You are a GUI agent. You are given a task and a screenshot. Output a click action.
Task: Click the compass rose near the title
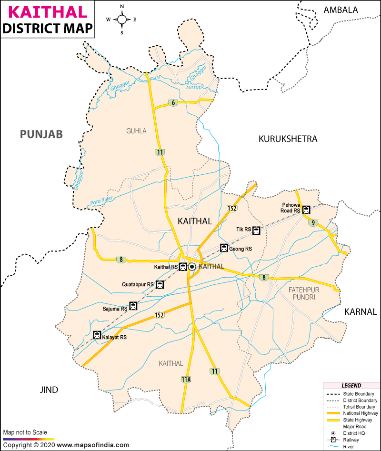tap(122, 20)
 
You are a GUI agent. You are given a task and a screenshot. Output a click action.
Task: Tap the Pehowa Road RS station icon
tap(306, 210)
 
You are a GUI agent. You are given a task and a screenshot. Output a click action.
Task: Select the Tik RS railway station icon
tap(256, 231)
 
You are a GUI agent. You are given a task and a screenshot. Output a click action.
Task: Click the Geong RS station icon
tap(224, 248)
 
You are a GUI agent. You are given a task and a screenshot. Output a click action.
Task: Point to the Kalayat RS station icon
tap(97, 335)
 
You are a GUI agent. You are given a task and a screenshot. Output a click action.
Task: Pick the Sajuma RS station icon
tap(133, 306)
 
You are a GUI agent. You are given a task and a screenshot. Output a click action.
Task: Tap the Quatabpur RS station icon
tap(160, 285)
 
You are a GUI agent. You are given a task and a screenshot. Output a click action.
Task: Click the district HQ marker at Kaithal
tap(192, 267)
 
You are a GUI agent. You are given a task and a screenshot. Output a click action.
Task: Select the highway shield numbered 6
tap(173, 103)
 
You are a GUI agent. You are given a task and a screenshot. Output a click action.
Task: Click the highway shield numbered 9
tap(313, 223)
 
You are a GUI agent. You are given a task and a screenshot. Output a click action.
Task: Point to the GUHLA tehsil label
tap(136, 131)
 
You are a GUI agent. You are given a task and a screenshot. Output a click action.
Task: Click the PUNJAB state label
tap(41, 135)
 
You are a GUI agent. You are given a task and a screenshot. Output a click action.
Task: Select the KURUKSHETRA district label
tap(288, 139)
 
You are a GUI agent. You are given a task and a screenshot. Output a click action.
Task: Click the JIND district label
tap(49, 390)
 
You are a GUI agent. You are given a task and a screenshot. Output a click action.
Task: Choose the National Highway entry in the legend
tap(356, 413)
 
